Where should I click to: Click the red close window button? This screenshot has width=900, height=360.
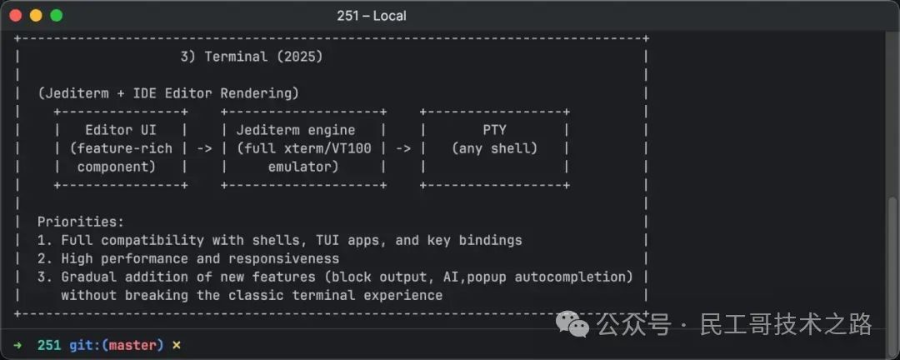[16, 15]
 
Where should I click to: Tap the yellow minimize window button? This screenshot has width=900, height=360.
[36, 15]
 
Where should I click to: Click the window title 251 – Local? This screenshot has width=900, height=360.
[372, 16]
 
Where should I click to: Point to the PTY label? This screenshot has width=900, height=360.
[494, 130]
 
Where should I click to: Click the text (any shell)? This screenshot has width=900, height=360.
[494, 148]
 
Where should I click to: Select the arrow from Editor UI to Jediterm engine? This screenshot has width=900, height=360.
[204, 148]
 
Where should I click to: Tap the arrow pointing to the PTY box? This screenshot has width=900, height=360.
[403, 148]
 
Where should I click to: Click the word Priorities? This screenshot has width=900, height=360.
[80, 222]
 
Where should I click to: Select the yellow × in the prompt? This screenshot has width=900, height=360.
[176, 344]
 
